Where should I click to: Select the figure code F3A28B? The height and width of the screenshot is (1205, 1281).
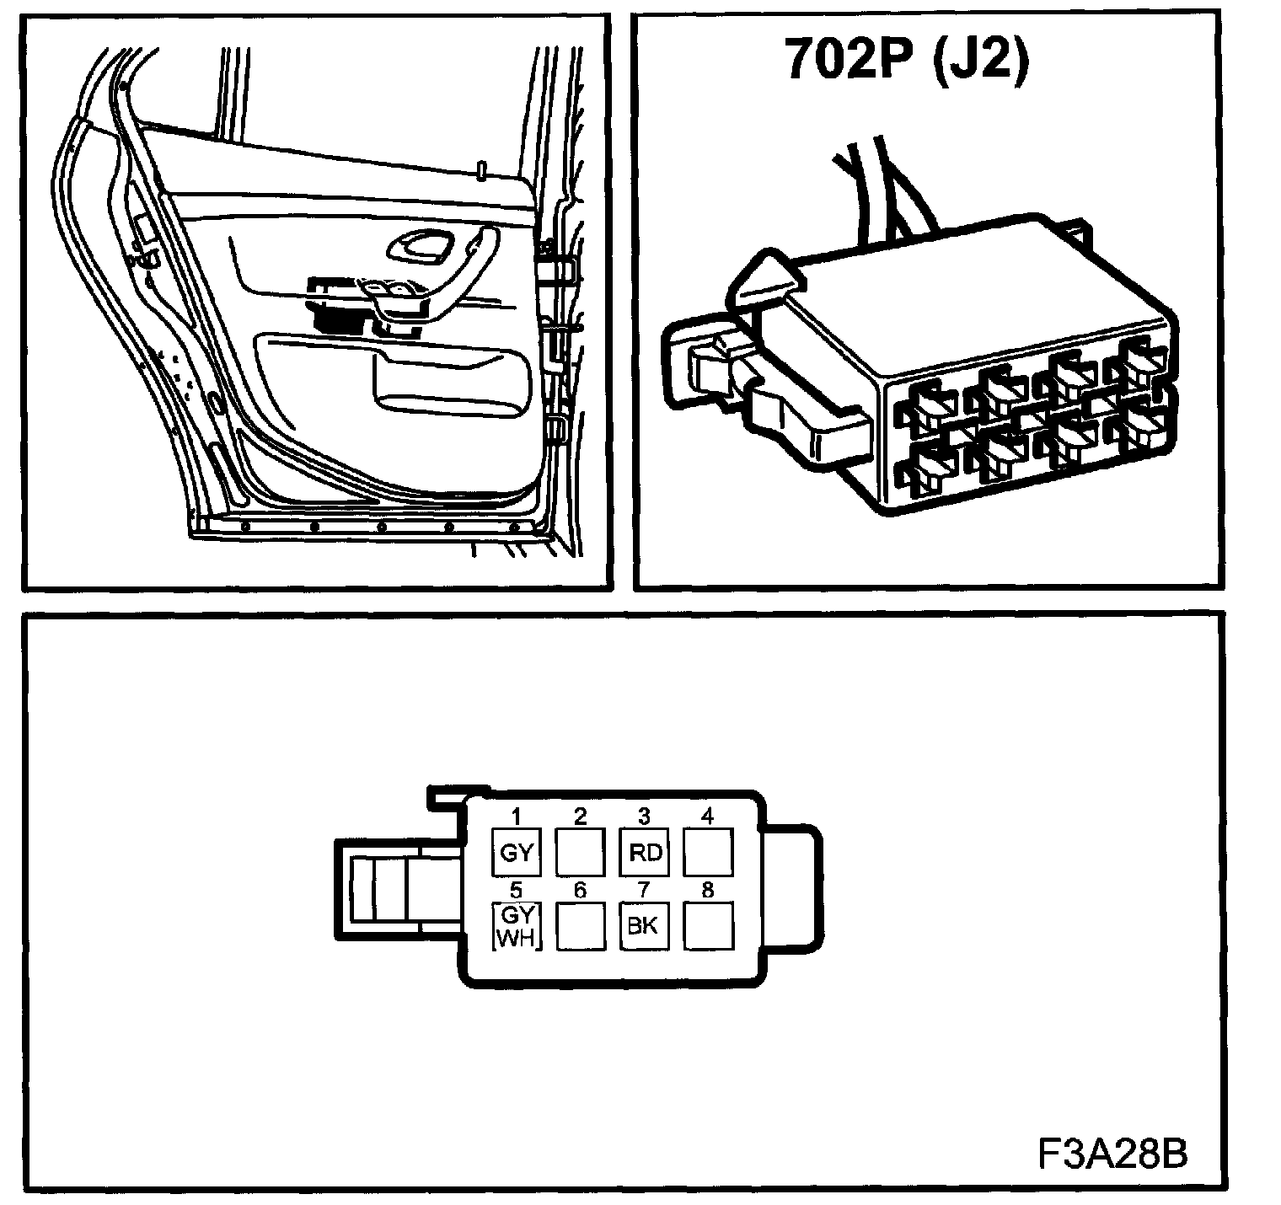tap(1112, 1154)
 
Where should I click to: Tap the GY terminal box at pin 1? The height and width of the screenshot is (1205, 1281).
tap(516, 852)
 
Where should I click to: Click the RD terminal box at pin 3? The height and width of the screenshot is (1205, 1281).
tap(645, 852)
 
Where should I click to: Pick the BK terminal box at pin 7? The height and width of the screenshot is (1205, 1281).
tap(643, 926)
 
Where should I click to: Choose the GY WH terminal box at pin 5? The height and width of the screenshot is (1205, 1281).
tap(516, 926)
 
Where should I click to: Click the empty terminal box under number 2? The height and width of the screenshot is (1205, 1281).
tap(580, 852)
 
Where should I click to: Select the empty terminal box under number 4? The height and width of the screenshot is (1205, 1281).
tap(708, 852)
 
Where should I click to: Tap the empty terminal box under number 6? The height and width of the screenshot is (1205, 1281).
tap(580, 926)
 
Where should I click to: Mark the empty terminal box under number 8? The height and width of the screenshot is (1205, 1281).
tap(708, 926)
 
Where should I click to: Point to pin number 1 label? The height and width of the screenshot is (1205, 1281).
tap(516, 816)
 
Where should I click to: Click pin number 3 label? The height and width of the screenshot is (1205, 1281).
tap(644, 816)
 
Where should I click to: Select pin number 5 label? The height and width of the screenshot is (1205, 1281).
tap(516, 890)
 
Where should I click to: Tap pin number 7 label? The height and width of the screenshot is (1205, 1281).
tap(644, 890)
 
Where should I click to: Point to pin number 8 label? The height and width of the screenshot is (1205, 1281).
tap(708, 890)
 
